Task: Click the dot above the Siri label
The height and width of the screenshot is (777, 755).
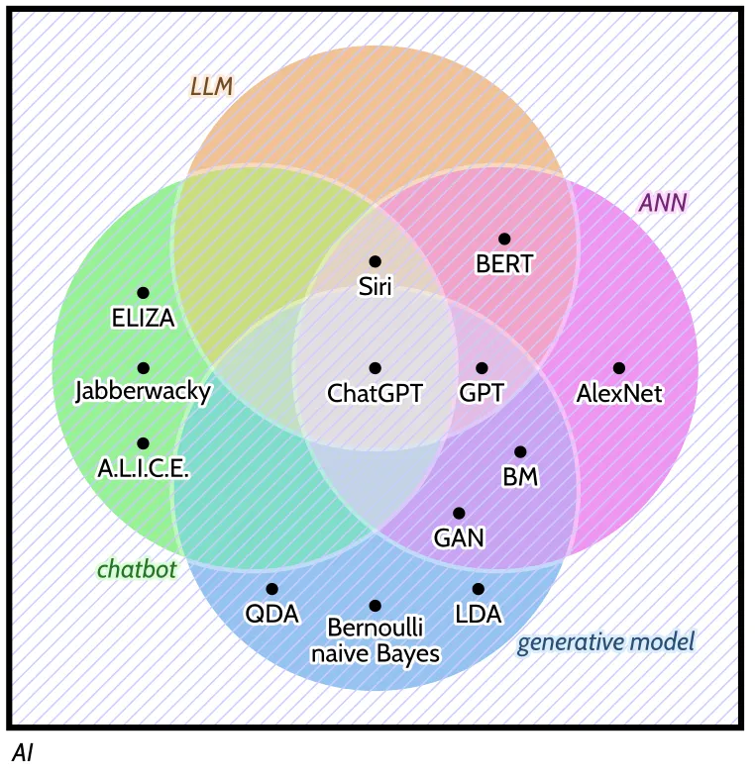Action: point(375,261)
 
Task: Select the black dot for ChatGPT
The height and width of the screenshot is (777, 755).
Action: point(375,368)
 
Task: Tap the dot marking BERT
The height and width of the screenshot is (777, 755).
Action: point(504,239)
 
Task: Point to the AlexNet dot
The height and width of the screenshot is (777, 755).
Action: point(619,368)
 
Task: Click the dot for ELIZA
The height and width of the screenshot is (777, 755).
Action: point(143,293)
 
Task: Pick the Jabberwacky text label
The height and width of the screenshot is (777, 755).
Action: point(143,392)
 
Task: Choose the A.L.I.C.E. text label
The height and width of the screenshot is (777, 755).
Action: point(143,467)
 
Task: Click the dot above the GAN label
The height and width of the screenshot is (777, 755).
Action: point(459,513)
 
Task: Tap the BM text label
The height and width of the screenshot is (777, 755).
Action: point(520,477)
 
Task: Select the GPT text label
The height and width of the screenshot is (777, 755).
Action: point(482,393)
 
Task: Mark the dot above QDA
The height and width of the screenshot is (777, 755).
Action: point(271,589)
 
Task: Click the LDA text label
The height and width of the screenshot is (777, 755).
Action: point(479,615)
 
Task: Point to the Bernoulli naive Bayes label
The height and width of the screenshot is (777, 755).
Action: point(375,640)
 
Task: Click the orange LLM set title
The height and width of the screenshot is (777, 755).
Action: point(211,87)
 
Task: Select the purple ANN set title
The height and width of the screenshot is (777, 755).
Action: point(663,204)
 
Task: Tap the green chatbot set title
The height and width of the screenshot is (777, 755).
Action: point(136,570)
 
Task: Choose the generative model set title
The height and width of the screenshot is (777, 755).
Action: point(605,642)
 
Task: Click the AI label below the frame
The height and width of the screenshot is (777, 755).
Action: point(23,753)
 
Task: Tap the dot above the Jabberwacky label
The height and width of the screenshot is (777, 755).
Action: point(143,368)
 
